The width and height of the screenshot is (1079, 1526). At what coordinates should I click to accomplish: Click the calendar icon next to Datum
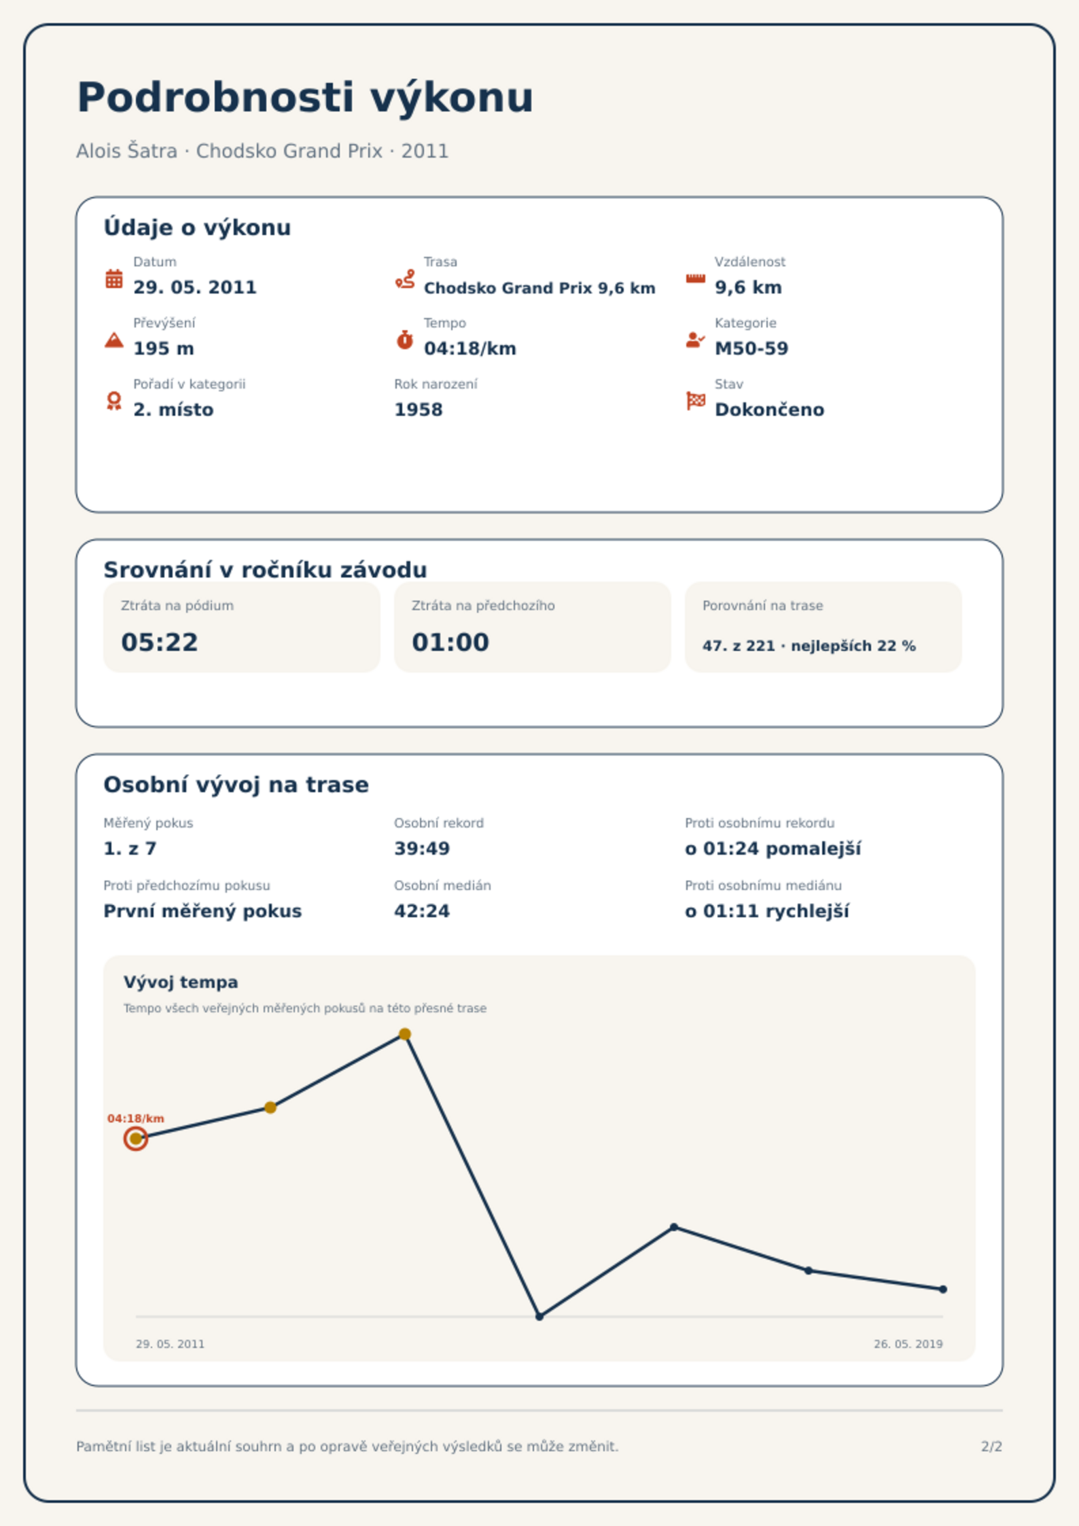click(x=114, y=279)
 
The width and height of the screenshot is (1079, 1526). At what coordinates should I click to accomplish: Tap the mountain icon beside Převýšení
click(x=114, y=340)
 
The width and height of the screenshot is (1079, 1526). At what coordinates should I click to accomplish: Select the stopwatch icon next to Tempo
click(x=405, y=340)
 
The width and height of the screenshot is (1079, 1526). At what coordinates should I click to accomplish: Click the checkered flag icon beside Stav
click(x=696, y=401)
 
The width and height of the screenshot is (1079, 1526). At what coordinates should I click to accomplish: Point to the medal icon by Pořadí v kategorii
click(x=114, y=401)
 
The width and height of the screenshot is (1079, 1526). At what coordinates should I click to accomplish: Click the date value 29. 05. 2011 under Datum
click(x=195, y=287)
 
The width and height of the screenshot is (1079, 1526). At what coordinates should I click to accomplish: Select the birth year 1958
click(x=419, y=410)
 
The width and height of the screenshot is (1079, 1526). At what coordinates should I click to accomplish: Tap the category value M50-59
click(x=751, y=349)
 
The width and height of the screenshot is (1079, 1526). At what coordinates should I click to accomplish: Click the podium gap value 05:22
click(x=160, y=642)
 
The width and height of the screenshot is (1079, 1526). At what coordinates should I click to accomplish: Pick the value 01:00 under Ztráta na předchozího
click(x=450, y=642)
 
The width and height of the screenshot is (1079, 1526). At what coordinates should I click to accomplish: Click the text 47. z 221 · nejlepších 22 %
click(x=809, y=646)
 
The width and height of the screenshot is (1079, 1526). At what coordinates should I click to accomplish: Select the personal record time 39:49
click(x=422, y=849)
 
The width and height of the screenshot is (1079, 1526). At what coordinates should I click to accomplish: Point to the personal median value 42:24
click(x=422, y=911)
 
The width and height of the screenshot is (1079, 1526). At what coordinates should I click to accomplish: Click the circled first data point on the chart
click(x=136, y=1139)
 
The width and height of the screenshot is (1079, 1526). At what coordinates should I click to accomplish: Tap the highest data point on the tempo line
click(x=405, y=1034)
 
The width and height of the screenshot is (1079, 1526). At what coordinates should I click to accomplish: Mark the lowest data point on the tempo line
click(x=539, y=1317)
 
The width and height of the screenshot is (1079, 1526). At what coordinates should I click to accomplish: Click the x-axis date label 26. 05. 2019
click(x=908, y=1344)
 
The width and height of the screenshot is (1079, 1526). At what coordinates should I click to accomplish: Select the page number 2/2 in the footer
click(x=992, y=1447)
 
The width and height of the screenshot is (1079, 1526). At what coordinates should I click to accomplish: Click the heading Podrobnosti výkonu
click(x=306, y=98)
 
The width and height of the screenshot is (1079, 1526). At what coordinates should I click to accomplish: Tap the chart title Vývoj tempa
click(x=181, y=982)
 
